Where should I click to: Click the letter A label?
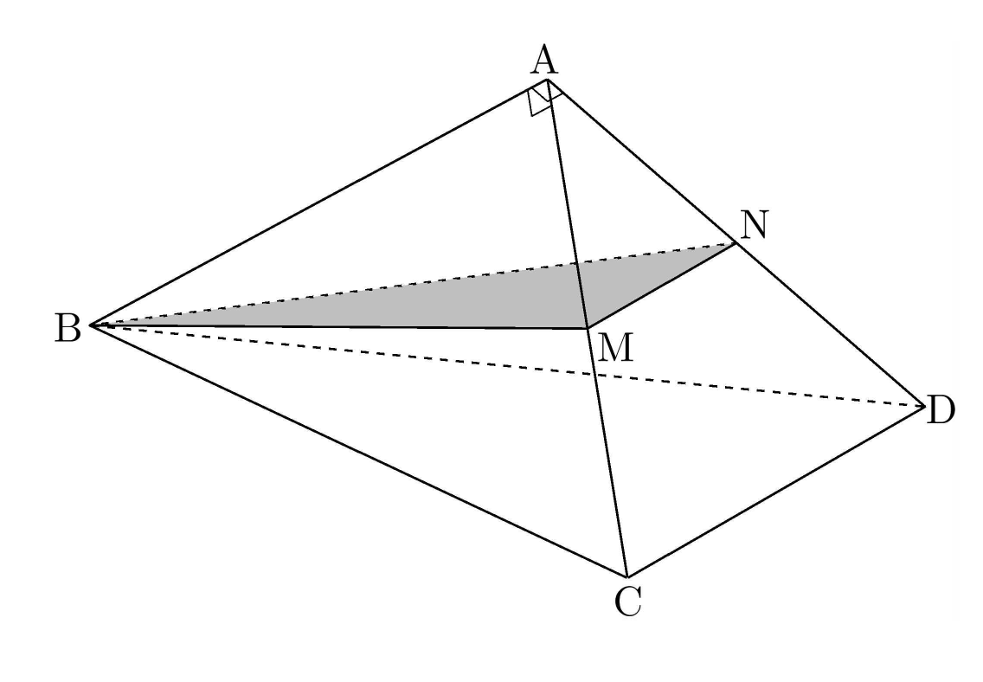tap(544, 61)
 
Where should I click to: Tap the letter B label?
tap(67, 328)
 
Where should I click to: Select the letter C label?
tap(627, 602)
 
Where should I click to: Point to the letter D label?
tap(941, 410)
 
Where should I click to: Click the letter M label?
tap(615, 348)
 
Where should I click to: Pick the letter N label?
tap(754, 225)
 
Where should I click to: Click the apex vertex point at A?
tap(547, 79)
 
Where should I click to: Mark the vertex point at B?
tap(92, 325)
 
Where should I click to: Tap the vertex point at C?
tap(626, 576)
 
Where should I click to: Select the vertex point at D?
tap(925, 406)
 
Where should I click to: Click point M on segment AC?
tap(587, 328)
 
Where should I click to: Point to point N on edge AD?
tap(736, 243)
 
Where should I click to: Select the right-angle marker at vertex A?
tap(543, 99)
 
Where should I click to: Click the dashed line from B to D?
tap(508, 365)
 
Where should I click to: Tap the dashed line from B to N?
tap(414, 284)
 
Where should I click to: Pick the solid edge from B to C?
tap(359, 451)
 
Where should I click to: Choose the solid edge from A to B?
tap(319, 202)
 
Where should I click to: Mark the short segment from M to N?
tap(661, 286)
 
